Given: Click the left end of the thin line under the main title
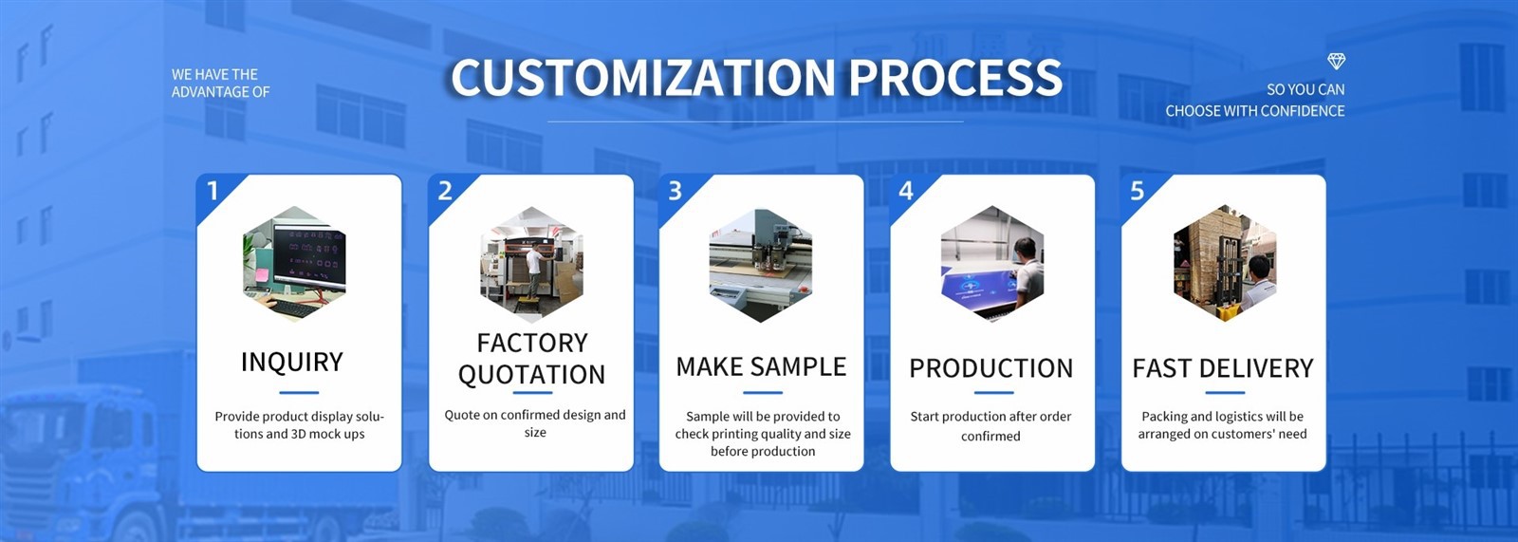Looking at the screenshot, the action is point(547,122).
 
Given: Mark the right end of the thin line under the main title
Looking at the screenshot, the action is point(963,122).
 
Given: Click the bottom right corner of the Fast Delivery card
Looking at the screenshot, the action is point(1325,471).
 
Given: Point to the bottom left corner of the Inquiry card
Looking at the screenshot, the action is point(197,471).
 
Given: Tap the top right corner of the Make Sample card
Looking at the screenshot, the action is point(863,175).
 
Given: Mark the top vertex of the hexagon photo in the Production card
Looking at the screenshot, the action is point(992,206).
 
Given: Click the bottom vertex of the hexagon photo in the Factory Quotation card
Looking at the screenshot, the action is point(532,322).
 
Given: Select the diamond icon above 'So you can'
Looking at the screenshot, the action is point(1336,62).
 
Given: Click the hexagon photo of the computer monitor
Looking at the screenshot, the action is point(295,263).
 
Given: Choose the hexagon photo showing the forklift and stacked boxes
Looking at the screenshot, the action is point(1225,263).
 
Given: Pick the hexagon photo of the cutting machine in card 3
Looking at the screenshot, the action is point(761,265).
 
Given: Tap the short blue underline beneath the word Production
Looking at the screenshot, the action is point(993,392).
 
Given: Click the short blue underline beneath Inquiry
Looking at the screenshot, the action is point(299,392).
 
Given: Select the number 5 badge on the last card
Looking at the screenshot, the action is point(1138,191).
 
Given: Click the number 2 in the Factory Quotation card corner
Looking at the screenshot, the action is point(445,191).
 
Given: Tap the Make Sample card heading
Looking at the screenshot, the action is point(761,367).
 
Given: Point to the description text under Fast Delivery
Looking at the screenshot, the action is point(1223,425).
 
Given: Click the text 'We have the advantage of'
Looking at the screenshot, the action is point(221,84).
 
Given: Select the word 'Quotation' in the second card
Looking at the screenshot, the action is point(532,374).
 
